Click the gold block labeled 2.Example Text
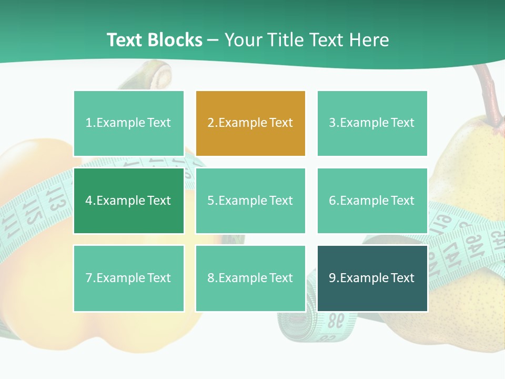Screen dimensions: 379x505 (250, 123)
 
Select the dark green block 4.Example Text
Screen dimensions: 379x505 (129, 201)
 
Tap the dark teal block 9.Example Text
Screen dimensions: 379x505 (372, 278)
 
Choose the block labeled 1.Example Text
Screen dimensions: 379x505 (129, 123)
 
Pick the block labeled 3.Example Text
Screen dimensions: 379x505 (372, 123)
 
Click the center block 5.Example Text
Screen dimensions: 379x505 (250, 201)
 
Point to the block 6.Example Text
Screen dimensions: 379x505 (372, 201)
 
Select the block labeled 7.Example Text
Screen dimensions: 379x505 (129, 278)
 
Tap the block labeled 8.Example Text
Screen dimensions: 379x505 (250, 278)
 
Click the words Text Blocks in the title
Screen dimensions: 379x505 (155, 40)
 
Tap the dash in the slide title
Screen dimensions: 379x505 (214, 41)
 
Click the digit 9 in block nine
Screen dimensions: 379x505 (332, 278)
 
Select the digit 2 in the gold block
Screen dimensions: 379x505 (211, 123)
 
